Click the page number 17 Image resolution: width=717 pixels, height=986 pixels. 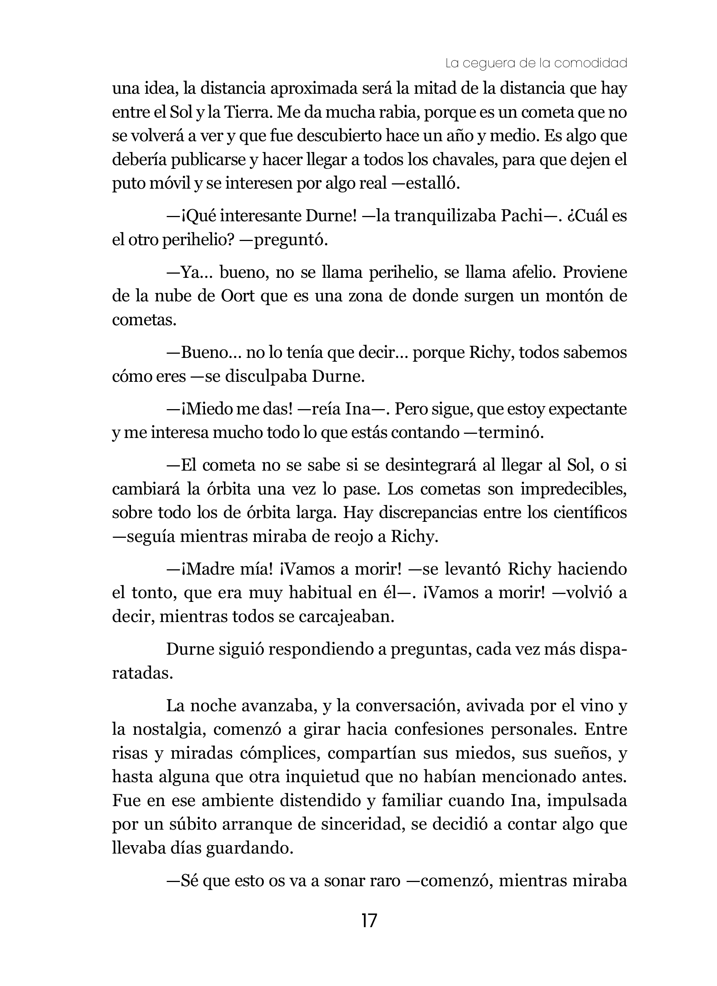369,921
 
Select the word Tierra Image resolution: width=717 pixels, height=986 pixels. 248,113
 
